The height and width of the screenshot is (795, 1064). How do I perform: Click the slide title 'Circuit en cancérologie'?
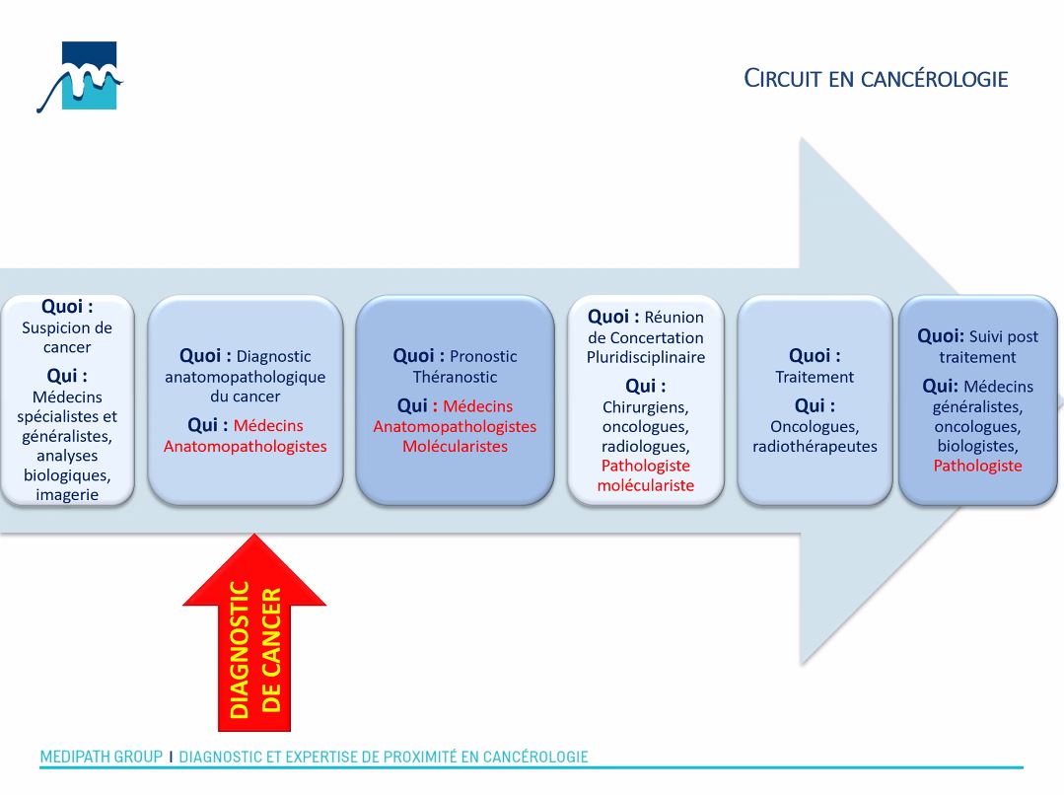[876, 79]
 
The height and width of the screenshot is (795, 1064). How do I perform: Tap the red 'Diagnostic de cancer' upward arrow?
[254, 631]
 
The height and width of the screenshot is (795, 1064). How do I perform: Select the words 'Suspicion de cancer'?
[67, 337]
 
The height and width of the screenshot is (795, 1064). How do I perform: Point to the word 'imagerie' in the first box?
[67, 494]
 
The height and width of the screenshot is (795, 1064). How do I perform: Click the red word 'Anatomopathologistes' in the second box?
[245, 446]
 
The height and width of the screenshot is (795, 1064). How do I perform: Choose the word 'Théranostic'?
[455, 377]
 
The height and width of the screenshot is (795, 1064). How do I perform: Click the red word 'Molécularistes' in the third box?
[455, 446]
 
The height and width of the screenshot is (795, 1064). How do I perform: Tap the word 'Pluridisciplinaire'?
[646, 357]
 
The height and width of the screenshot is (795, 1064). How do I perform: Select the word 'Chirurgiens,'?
[646, 406]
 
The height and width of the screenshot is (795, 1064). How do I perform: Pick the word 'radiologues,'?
[646, 446]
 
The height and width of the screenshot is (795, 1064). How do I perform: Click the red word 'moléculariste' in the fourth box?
[646, 485]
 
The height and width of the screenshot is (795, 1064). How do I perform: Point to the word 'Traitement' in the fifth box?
[815, 377]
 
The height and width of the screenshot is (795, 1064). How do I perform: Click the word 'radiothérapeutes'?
[815, 446]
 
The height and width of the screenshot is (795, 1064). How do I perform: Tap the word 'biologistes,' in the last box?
[977, 446]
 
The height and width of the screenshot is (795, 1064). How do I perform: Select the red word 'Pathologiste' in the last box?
[977, 466]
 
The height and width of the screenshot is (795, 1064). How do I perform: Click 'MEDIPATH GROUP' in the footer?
[101, 758]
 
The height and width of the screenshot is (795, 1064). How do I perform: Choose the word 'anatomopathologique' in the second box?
[245, 377]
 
